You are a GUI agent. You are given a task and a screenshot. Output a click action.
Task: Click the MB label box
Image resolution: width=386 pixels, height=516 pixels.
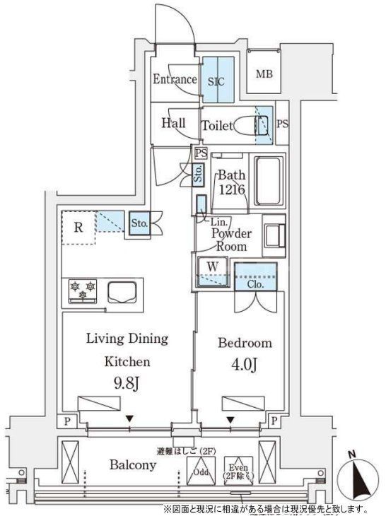tap(264, 74)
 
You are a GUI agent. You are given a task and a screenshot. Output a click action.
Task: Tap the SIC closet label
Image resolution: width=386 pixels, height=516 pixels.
tap(216, 80)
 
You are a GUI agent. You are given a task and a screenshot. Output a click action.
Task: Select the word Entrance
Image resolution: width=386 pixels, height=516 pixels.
tap(175, 79)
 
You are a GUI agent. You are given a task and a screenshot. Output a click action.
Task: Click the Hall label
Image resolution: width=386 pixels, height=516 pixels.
tap(173, 123)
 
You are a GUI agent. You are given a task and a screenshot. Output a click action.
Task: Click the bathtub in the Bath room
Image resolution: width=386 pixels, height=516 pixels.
tap(268, 181)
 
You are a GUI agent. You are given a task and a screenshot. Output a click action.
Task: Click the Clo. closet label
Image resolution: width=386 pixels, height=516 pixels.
tap(256, 284)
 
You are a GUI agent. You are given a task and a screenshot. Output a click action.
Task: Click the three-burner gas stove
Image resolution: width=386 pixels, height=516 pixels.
tap(83, 291)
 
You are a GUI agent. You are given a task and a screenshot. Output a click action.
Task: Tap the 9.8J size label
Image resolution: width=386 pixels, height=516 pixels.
tap(127, 385)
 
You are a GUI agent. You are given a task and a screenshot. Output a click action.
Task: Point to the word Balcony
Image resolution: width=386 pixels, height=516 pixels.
tap(132, 465)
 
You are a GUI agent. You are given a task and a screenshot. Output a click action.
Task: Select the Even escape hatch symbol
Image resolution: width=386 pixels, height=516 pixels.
tap(237, 467)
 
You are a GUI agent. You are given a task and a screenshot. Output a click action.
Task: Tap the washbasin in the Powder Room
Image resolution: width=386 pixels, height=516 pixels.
tap(272, 233)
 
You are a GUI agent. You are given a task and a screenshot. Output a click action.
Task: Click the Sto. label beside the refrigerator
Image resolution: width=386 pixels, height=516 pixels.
tap(139, 223)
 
